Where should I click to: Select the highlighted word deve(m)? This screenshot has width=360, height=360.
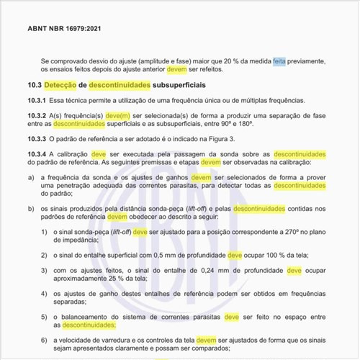point(117,116)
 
